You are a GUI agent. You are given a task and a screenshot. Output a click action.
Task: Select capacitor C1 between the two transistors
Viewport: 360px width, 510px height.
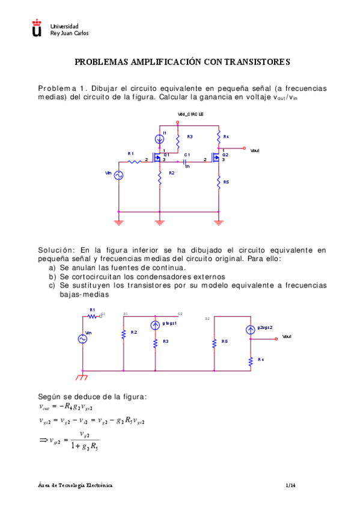[x=186, y=160]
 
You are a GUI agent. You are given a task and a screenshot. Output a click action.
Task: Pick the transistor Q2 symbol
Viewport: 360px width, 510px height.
[x=217, y=159]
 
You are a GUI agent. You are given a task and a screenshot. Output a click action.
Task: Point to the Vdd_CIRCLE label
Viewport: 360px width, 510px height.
[x=191, y=114]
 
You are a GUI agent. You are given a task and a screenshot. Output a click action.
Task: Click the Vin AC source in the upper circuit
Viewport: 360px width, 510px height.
[x=119, y=175]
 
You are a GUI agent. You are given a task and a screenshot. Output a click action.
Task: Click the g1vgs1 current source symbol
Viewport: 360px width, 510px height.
[x=155, y=324]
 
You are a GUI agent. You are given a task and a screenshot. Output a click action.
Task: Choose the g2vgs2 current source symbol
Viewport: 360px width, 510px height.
[x=250, y=330]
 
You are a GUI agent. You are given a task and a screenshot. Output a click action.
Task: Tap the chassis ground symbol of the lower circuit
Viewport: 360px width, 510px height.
[x=82, y=377]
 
